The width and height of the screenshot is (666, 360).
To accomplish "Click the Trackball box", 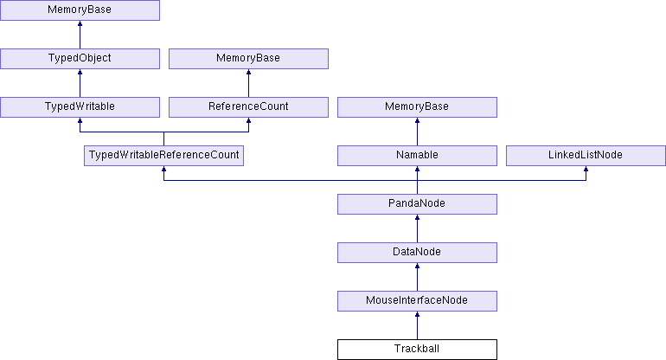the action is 417,350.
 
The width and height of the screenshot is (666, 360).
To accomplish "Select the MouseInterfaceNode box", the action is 417,301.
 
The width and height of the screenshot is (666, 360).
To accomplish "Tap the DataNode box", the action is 417,253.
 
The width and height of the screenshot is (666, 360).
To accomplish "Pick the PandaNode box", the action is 417,204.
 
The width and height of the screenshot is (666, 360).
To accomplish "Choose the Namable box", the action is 417,156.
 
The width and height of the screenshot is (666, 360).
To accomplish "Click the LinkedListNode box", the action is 586,156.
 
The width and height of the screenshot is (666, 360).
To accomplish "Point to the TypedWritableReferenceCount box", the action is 164,156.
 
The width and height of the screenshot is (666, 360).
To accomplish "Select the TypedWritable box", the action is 80,107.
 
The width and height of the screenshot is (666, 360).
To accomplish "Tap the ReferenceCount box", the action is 248,107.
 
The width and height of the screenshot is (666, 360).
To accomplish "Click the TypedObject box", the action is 80,59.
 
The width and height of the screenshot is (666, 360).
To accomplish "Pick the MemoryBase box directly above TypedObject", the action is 80,10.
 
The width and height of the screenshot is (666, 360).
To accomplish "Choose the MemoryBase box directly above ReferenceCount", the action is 248,59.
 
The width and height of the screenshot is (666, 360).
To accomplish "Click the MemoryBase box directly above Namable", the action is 417,107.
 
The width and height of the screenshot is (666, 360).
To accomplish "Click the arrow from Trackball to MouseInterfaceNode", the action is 417,325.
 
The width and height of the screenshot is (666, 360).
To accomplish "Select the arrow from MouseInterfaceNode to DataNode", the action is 417,277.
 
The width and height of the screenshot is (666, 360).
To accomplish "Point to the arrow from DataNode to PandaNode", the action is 417,228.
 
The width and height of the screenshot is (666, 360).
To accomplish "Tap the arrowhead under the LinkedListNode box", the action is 586,169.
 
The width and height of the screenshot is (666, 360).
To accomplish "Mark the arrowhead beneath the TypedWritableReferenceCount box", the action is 164,169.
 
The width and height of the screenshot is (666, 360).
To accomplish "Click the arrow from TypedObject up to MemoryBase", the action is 80,35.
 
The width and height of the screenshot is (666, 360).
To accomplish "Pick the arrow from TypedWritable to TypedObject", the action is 80,83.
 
